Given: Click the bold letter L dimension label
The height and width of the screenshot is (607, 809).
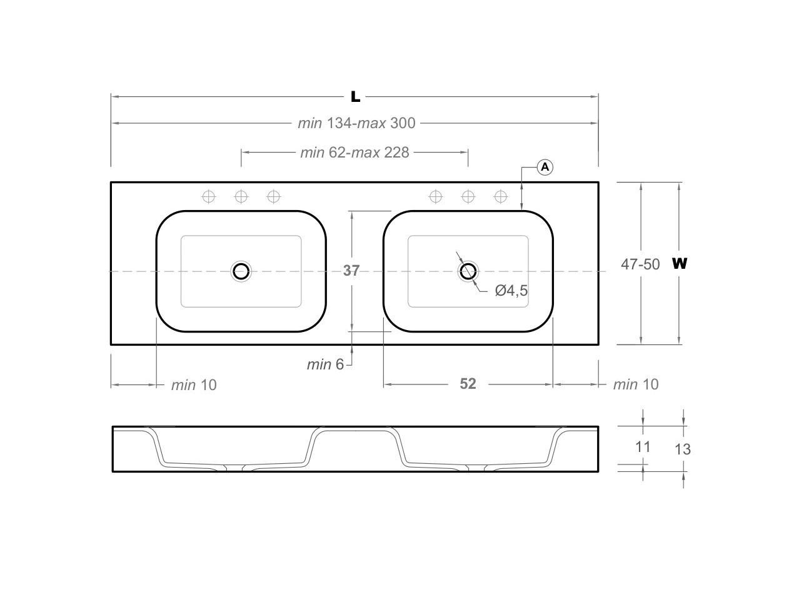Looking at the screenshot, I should click(355, 96).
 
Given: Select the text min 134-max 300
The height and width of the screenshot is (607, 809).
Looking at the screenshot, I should click(356, 123).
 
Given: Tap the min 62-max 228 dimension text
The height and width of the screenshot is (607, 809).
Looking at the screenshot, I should click(354, 152).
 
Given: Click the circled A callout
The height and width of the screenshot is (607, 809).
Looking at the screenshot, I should click(545, 167).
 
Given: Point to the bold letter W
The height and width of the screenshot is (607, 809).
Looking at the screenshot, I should click(680, 263).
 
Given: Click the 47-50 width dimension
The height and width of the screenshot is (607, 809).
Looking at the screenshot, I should click(640, 264).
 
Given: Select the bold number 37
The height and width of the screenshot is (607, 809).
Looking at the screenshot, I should click(351, 270).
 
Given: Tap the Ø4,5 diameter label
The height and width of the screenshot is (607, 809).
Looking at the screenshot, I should click(511, 290).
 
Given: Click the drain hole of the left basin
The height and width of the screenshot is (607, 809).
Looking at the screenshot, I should click(241, 271).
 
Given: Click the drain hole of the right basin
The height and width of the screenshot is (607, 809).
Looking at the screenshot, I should click(468, 271).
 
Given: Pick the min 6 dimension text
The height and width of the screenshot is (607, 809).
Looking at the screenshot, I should click(325, 364).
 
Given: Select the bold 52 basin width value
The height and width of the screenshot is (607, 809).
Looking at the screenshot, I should click(468, 384).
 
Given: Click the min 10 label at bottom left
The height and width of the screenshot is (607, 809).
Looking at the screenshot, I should click(194, 384).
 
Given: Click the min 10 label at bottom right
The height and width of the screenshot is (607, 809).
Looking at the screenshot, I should click(635, 384).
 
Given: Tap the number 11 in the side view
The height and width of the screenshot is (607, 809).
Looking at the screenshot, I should click(643, 446).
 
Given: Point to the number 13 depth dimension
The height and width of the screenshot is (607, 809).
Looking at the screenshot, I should click(683, 449).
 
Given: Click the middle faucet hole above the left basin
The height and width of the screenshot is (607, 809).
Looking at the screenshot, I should click(241, 197).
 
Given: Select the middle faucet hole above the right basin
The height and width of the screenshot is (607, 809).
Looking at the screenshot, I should click(468, 197).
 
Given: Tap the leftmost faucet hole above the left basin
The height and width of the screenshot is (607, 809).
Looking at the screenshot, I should click(209, 197).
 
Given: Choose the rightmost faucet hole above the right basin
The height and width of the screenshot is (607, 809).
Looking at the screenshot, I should click(500, 197).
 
